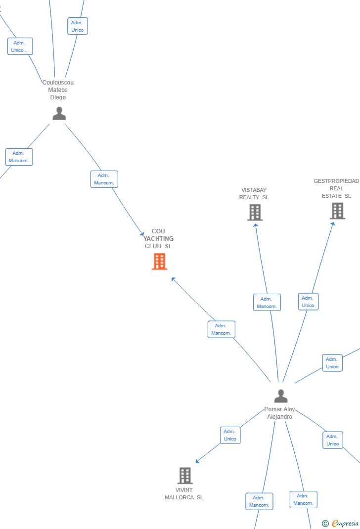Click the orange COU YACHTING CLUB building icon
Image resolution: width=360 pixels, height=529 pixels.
[159, 262]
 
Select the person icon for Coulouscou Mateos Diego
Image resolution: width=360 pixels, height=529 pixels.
[59, 113]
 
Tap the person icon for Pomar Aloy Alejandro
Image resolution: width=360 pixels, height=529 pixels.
[281, 396]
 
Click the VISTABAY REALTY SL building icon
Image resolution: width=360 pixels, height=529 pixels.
[255, 213]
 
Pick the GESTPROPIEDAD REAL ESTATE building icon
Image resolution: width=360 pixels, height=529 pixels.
[337, 211]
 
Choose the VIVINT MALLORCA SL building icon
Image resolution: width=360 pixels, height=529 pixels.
[185, 475]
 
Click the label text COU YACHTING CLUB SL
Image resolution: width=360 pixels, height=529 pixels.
[158, 238]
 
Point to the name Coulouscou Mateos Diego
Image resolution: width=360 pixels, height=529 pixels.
[58, 90]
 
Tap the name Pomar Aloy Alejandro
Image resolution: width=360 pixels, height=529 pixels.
[280, 413]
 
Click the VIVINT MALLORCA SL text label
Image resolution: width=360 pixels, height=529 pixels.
[184, 493]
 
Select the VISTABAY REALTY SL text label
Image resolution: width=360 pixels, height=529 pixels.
[254, 194]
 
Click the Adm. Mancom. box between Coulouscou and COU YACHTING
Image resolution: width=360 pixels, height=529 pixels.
[104, 179]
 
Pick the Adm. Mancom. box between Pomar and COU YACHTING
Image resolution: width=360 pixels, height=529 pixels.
[222, 329]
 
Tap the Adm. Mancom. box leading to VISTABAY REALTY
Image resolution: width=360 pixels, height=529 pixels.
[267, 302]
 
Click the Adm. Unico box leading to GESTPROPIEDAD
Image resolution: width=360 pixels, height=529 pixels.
[308, 302]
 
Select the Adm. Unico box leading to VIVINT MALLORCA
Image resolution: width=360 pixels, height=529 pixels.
[230, 435]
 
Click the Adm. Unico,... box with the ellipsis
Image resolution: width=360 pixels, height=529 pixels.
[20, 46]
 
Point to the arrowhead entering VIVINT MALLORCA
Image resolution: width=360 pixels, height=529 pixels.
[197, 461]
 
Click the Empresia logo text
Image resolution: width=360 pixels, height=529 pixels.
[345, 523]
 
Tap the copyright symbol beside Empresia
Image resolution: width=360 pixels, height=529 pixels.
[325, 524]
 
